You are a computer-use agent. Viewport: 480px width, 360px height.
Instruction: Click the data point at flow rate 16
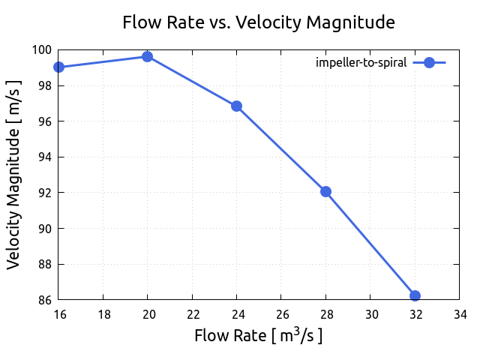pyautogui.click(x=59, y=67)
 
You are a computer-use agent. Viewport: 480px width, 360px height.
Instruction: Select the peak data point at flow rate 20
pyautogui.click(x=148, y=56)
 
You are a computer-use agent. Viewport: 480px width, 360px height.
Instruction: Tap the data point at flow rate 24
pyautogui.click(x=237, y=106)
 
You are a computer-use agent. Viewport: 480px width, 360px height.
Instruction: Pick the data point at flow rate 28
pyautogui.click(x=325, y=191)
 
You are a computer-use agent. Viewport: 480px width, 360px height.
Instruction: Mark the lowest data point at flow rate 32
pyautogui.click(x=415, y=295)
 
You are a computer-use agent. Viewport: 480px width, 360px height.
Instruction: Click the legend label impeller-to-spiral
pyautogui.click(x=361, y=63)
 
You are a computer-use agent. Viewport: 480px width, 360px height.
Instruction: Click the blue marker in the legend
pyautogui.click(x=429, y=63)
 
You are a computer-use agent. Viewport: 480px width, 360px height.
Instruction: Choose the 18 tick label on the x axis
pyautogui.click(x=103, y=315)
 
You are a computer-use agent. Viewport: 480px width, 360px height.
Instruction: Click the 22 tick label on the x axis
pyautogui.click(x=193, y=315)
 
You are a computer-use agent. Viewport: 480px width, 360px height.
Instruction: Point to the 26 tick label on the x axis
pyautogui.click(x=281, y=315)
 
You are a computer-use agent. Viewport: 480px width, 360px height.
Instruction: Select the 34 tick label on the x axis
pyautogui.click(x=459, y=315)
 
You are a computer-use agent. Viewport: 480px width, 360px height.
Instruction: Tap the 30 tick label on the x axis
pyautogui.click(x=370, y=315)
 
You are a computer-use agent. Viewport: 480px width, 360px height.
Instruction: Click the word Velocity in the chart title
pyautogui.click(x=264, y=22)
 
